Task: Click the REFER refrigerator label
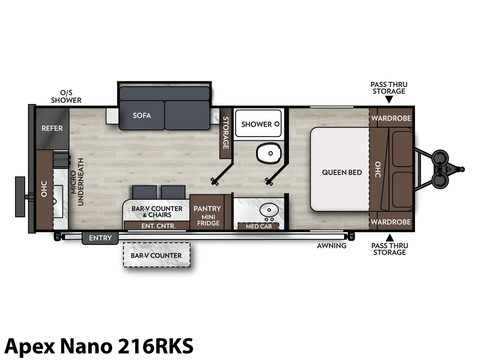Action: click(x=52, y=128)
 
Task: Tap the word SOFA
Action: click(x=142, y=115)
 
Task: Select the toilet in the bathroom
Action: click(x=269, y=153)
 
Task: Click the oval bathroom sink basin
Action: click(x=269, y=210)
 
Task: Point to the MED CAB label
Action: click(x=259, y=226)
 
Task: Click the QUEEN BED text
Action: click(x=342, y=172)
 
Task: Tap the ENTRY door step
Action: click(x=100, y=238)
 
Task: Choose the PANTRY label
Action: click(x=207, y=209)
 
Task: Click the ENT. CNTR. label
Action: click(x=158, y=226)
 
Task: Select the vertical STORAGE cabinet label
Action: click(x=226, y=133)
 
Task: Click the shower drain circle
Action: click(x=277, y=124)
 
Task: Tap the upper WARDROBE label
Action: click(x=391, y=118)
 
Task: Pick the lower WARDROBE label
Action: click(x=391, y=222)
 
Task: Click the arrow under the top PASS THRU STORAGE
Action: click(x=389, y=100)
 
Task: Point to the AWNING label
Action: click(x=331, y=246)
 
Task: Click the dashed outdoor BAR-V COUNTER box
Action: click(x=157, y=255)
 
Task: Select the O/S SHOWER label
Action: click(x=66, y=96)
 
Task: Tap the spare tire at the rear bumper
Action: click(x=20, y=197)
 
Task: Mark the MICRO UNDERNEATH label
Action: click(x=77, y=182)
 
